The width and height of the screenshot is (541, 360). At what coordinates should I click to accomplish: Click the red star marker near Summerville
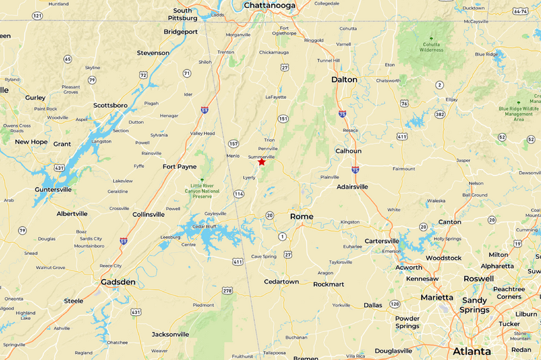tap(262, 162)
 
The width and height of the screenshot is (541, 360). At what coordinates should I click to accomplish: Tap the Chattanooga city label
tap(269, 5)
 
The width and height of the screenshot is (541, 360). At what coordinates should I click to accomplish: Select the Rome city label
tap(301, 216)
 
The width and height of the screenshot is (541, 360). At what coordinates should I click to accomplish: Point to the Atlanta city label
tap(471, 351)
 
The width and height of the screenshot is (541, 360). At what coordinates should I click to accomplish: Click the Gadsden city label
tap(118, 282)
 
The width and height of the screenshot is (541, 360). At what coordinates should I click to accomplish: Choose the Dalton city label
tap(344, 80)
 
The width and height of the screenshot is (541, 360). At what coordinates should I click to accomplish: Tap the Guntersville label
tap(53, 189)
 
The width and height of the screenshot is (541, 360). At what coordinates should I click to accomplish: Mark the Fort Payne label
tap(179, 167)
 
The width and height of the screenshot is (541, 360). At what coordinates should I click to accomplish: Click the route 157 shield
tap(233, 144)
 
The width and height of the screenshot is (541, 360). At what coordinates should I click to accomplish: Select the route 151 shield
tap(283, 118)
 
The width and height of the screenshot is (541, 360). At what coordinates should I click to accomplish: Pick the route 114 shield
tap(238, 194)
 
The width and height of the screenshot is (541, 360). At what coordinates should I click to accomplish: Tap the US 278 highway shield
tap(228, 290)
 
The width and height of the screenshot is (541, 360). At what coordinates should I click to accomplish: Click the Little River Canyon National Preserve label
tap(205, 191)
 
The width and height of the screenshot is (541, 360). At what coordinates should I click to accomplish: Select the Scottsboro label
tap(110, 105)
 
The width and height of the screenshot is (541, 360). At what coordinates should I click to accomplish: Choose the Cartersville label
tap(382, 241)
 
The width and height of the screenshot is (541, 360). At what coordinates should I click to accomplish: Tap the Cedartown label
tap(281, 282)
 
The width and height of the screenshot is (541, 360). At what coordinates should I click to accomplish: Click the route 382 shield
tap(439, 114)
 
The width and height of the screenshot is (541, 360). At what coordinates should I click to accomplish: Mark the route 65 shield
tap(68, 59)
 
